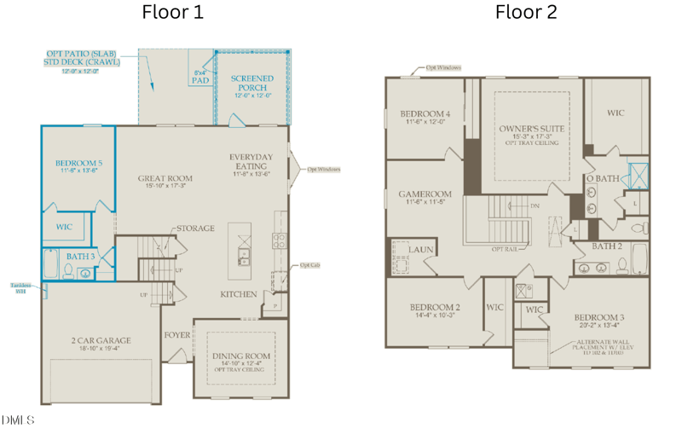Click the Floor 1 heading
point(172,13)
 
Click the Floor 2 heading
point(526,13)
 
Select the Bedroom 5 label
point(78,163)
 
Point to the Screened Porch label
point(252,83)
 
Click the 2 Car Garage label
point(101,341)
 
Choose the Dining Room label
point(240,356)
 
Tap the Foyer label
point(176,335)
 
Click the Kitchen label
point(239,294)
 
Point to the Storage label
point(196,229)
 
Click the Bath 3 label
point(81,256)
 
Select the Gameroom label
point(425,194)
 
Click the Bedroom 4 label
point(425,114)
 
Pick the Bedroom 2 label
point(434,307)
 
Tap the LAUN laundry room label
point(420,249)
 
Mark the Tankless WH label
point(21,287)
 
